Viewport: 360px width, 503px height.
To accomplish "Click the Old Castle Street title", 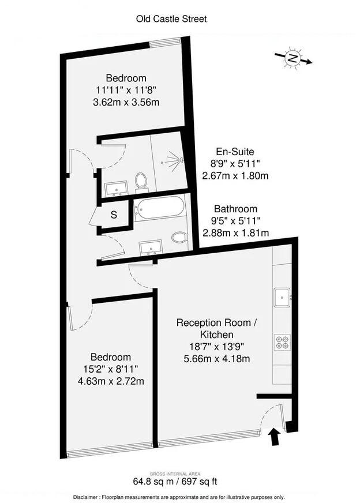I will tap(171, 19).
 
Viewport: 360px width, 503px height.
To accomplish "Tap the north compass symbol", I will tap(294, 58).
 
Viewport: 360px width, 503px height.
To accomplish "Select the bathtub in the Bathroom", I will tap(160, 207).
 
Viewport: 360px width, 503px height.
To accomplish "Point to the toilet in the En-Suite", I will tap(141, 182).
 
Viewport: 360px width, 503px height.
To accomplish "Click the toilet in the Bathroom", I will tap(179, 237).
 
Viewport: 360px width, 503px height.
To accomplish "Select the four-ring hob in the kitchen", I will tap(283, 343).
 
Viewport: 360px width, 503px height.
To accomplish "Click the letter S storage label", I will tap(114, 215).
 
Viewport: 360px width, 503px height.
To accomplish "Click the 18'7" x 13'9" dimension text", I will tap(216, 346).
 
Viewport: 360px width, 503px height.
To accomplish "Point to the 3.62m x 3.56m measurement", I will tap(126, 102).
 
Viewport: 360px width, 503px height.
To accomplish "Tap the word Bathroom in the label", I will tap(235, 209).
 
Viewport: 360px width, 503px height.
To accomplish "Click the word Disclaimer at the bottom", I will tap(89, 497).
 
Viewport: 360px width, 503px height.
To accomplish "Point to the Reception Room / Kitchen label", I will tap(216, 328).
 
